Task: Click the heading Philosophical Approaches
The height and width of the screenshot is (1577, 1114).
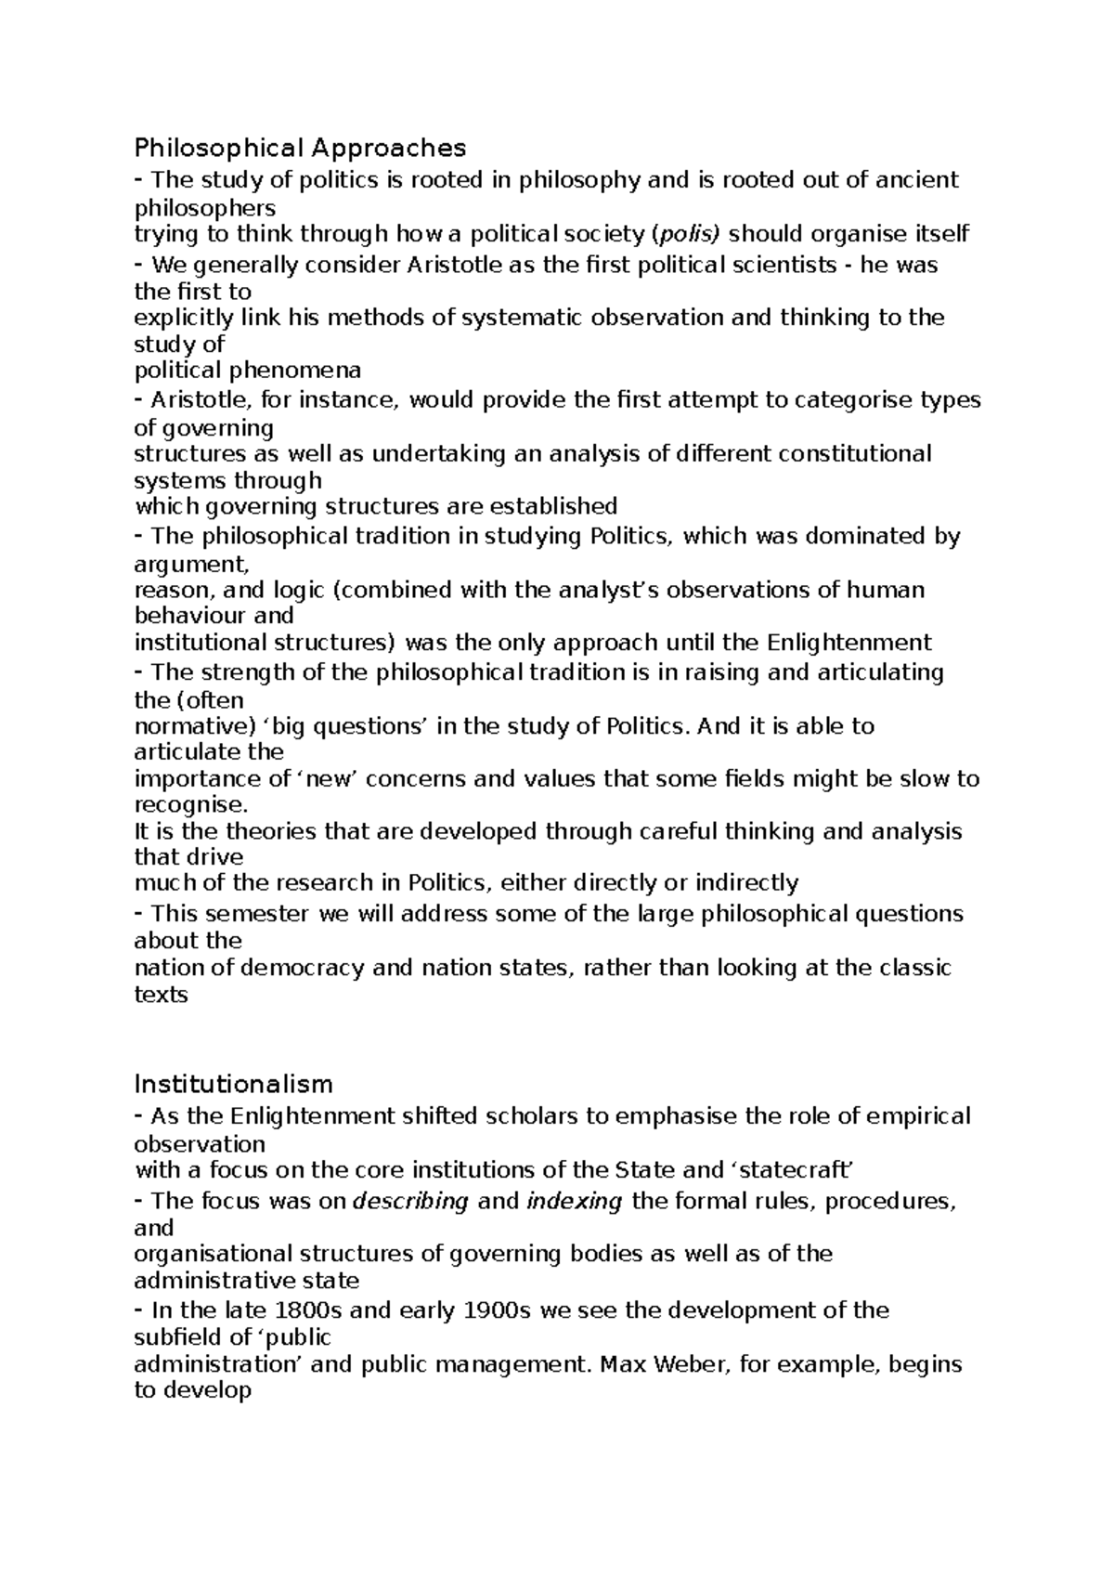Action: (x=300, y=148)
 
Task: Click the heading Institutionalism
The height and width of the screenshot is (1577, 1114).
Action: (x=233, y=1084)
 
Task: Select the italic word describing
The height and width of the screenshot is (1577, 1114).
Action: (x=410, y=1201)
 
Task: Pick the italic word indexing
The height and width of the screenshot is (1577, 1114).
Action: (x=574, y=1201)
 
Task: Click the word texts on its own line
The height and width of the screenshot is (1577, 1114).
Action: (x=161, y=995)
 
